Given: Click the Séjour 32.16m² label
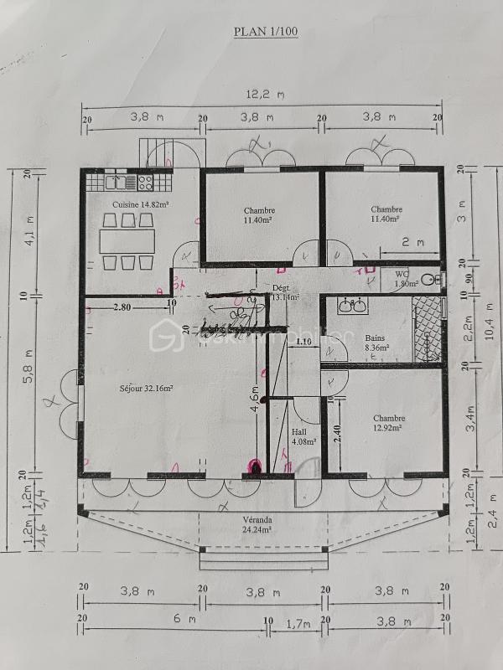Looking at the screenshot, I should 146,388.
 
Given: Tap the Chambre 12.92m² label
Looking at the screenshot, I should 390,423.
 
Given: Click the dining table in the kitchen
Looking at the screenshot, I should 128,241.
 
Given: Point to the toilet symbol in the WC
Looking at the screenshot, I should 429,279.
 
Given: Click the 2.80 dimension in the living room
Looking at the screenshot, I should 122,307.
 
